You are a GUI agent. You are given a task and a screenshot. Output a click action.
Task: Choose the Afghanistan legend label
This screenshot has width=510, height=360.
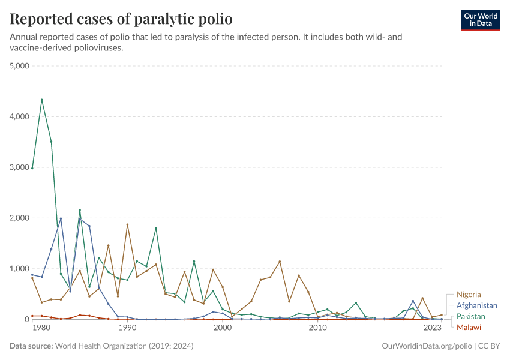click(x=477, y=305)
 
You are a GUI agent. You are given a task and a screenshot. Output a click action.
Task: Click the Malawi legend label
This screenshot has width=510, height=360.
click(x=469, y=327)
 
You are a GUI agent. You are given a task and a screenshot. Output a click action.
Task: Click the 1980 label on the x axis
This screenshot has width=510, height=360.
click(x=41, y=328)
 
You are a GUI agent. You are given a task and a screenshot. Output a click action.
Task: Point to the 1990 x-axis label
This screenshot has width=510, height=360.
click(x=127, y=328)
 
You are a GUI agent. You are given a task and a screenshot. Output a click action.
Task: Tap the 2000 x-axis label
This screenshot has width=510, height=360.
click(x=223, y=328)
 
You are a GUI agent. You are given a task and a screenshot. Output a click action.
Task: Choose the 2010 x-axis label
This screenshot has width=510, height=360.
click(x=317, y=328)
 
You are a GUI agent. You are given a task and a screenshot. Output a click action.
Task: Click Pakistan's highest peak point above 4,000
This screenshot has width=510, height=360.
click(x=41, y=100)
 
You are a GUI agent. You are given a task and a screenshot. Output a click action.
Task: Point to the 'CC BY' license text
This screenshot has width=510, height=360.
click(x=488, y=346)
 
